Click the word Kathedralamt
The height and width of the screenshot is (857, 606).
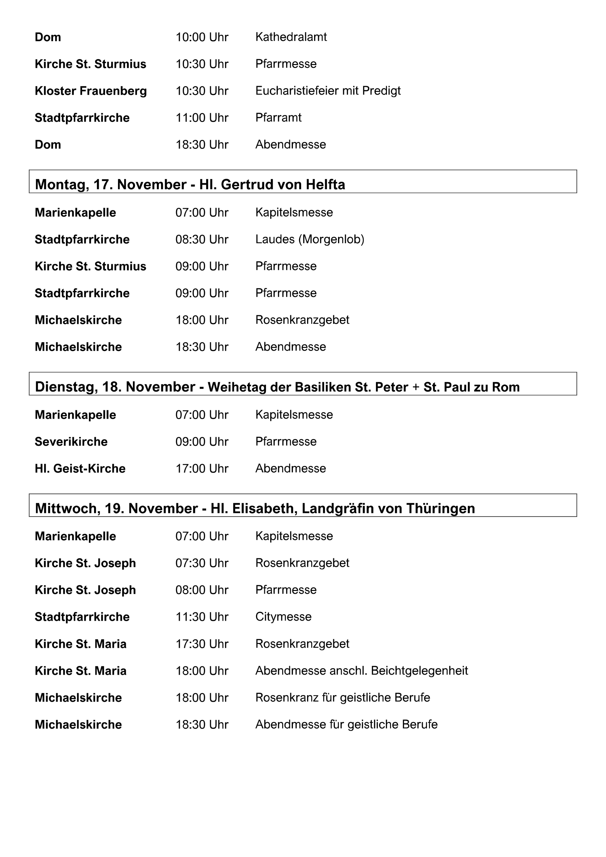(291, 37)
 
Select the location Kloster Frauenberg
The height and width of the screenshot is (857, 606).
(91, 91)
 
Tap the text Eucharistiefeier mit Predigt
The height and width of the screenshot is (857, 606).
(328, 91)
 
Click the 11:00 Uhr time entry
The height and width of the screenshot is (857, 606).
(202, 117)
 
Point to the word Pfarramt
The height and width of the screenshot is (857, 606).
(278, 117)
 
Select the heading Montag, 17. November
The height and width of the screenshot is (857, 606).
(190, 184)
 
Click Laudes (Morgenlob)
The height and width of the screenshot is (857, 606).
(310, 239)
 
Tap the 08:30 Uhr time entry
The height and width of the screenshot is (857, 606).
(202, 239)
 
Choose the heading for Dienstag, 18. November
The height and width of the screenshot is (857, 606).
(277, 387)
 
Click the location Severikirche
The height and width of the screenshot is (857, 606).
(71, 442)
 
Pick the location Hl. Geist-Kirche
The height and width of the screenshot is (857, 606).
(80, 468)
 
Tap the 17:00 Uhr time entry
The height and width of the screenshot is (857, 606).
(202, 468)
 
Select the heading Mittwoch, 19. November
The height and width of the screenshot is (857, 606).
(255, 509)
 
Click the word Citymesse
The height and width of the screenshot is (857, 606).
(283, 616)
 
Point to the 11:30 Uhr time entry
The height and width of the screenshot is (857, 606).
(202, 616)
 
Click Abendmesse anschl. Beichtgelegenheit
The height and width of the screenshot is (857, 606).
(362, 671)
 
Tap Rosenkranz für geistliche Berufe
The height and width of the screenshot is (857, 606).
(342, 698)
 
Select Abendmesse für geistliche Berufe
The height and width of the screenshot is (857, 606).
(346, 724)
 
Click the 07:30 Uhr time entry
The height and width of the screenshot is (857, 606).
(202, 563)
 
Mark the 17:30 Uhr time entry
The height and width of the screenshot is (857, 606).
(202, 644)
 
